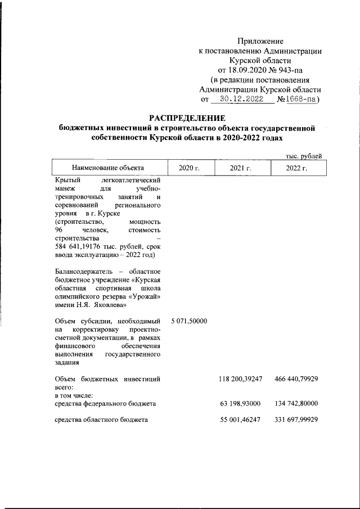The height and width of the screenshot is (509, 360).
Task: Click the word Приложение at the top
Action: pos(260,41)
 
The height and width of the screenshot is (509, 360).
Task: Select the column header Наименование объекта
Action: pos(107,168)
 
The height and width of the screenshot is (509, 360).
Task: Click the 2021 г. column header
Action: pos(241,168)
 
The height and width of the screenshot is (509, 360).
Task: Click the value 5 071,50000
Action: pos(190,321)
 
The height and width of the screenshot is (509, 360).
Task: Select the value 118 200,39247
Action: pos(241,380)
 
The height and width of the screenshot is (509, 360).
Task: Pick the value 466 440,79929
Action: pos(296,380)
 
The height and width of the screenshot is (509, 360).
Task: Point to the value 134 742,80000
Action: pos(296,403)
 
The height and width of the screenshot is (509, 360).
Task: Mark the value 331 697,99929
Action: pos(296,420)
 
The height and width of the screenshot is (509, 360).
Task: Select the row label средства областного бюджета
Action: pos(101,420)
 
